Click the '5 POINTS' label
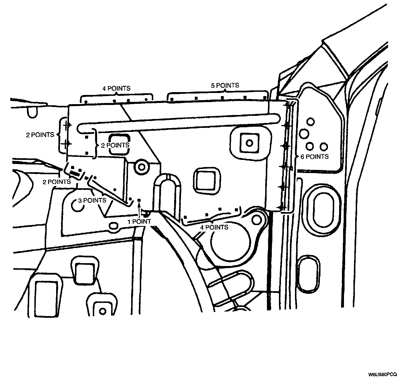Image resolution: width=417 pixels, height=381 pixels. click(225, 85)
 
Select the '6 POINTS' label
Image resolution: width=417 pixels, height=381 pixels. click(314, 157)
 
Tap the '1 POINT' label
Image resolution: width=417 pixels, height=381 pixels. click(139, 221)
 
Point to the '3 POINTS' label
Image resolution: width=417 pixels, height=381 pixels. click(92, 200)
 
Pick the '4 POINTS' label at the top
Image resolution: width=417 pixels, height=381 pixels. click(116, 88)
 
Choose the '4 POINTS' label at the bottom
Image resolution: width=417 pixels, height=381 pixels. click(214, 227)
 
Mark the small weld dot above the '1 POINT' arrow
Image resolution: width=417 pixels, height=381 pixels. click(139, 200)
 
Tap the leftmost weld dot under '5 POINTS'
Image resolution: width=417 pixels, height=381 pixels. click(172, 99)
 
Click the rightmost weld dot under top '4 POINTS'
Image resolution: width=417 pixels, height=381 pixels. click(146, 100)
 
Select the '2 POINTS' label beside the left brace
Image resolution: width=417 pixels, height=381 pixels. click(40, 135)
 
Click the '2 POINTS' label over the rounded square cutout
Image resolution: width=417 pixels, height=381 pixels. click(115, 145)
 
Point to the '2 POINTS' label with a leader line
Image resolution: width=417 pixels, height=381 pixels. click(57, 182)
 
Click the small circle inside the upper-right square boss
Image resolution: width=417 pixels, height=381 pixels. click(249, 142)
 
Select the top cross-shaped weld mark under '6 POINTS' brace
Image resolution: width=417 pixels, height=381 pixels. click(286, 105)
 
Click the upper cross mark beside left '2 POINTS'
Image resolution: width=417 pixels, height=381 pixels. click(66, 125)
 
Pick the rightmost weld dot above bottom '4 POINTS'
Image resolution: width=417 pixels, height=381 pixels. click(236, 210)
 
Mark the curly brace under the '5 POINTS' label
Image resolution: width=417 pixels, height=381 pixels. click(218, 93)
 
